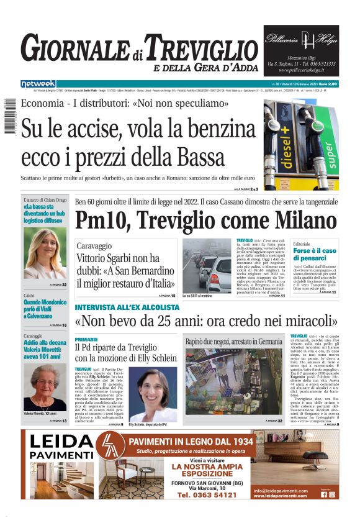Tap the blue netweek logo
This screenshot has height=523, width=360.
point(38,83)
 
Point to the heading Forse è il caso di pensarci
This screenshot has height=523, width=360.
point(315,254)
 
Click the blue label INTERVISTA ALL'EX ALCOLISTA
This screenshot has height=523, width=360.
point(127,307)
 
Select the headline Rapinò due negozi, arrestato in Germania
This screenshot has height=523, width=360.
point(233,342)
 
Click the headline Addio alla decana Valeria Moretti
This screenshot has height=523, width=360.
point(45,351)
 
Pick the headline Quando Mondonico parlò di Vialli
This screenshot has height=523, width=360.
point(45,306)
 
